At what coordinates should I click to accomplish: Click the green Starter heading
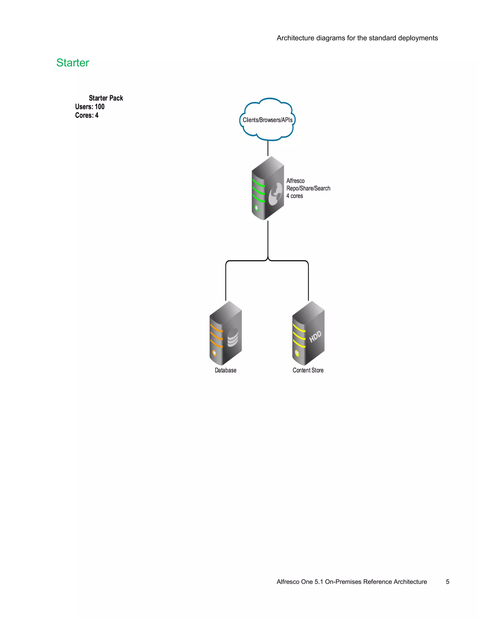(x=73, y=63)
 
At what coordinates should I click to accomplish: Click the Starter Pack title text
(x=106, y=98)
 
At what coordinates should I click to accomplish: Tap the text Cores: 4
(x=87, y=115)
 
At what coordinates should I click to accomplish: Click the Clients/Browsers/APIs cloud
(x=267, y=120)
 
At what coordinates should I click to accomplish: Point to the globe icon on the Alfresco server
(x=275, y=194)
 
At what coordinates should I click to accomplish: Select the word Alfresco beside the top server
(x=295, y=181)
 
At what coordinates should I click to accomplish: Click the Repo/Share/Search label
(x=308, y=189)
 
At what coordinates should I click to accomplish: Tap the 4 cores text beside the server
(x=295, y=196)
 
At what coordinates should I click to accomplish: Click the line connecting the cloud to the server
(x=268, y=148)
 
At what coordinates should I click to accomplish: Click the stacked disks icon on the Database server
(x=233, y=337)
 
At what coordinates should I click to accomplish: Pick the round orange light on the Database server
(x=214, y=353)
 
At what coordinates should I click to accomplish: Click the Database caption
(x=225, y=370)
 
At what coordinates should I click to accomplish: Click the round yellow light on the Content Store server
(x=297, y=353)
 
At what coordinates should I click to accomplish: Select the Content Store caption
(x=308, y=370)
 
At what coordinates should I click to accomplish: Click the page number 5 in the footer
(x=447, y=582)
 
